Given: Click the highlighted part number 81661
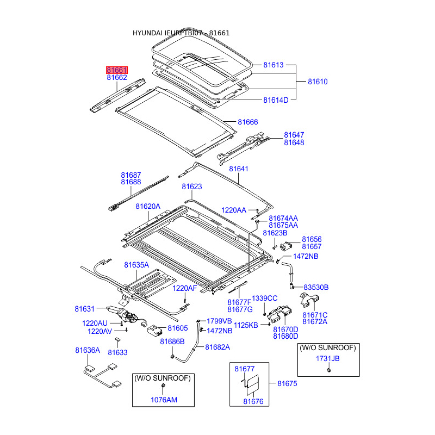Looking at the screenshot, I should coord(117,70).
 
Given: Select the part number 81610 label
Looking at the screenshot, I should coord(318,82).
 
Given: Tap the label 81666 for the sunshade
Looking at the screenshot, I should coord(248,122).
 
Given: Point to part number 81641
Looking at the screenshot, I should coord(239,169).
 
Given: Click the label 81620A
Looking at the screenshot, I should coord(148,207).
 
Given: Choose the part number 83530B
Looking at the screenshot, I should coord(316,287).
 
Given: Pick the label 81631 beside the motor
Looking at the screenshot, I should coord(85,309).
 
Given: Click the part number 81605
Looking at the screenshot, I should coord(177,328).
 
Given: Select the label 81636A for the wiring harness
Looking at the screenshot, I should coord(88,351).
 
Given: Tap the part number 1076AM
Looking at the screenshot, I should coord(164,400).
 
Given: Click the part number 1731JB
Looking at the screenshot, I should coord(328,358).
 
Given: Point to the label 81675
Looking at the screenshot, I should coord(288,383).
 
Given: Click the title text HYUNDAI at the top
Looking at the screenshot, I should coord(147,33).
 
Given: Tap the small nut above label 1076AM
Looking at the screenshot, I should coord(164,386).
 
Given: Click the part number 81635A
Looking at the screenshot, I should coord(136,265).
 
